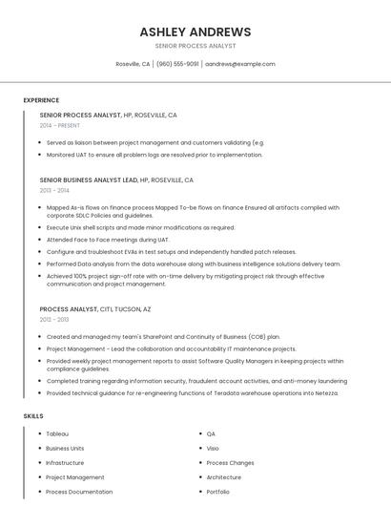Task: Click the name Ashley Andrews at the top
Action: [x=195, y=32]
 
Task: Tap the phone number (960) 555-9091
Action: [x=177, y=64]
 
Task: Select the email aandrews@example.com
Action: [x=240, y=64]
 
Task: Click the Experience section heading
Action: [x=41, y=100]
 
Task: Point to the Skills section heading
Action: [x=33, y=416]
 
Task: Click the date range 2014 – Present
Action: [x=59, y=125]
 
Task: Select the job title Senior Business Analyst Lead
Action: [x=89, y=179]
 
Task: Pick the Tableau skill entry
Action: [x=57, y=433]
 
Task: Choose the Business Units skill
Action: [x=65, y=448]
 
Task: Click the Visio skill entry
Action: [x=213, y=448]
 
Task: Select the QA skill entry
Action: [x=211, y=433]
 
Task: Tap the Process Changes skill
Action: [x=230, y=463]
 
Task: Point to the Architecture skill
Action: [x=224, y=477]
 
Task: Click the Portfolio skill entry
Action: [x=218, y=492]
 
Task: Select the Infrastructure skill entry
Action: [x=65, y=463]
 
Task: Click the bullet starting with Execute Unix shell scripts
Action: [x=140, y=228]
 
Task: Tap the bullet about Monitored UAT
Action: [x=154, y=154]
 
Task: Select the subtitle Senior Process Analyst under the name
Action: [x=195, y=46]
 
